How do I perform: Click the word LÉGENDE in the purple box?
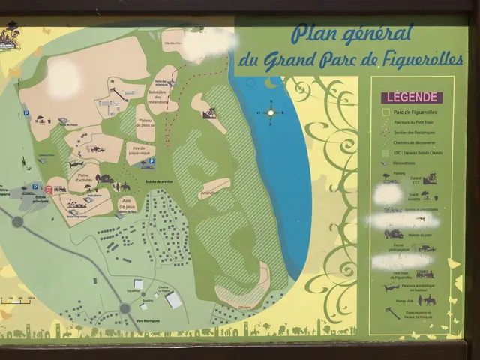pos(410,96)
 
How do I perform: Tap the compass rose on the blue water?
pos(271,112)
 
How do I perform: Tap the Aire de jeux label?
pos(128,202)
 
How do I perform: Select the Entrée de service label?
pos(158,182)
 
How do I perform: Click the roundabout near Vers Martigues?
pos(125,307)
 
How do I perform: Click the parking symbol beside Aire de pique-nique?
pos(151,161)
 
